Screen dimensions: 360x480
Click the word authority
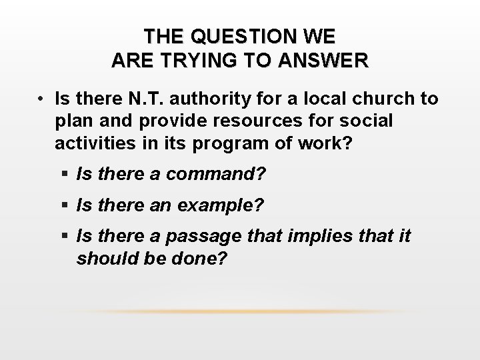point(213,99)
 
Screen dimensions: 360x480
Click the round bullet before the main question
point(41,99)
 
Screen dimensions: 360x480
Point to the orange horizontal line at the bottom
point(240,311)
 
